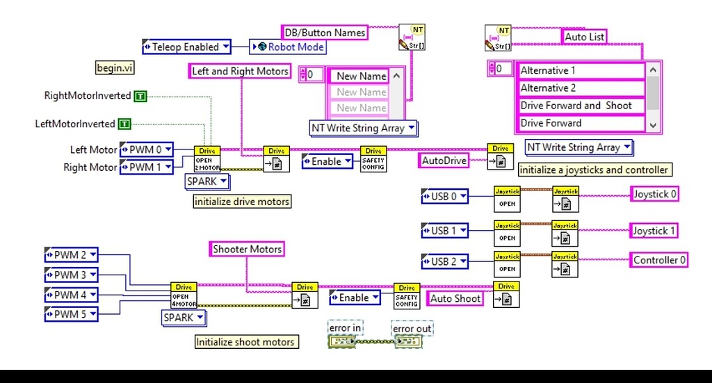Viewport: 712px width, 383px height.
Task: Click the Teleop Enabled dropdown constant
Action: point(186,47)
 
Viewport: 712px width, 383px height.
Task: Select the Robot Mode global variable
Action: point(289,47)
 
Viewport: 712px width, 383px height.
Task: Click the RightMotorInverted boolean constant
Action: point(141,95)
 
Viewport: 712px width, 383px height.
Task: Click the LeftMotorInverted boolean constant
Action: point(124,124)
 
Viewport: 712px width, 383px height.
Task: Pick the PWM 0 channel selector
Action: point(146,149)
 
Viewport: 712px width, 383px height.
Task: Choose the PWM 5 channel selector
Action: point(71,314)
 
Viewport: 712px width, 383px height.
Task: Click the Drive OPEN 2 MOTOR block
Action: point(207,159)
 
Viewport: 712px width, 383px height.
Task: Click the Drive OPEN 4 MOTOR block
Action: point(184,295)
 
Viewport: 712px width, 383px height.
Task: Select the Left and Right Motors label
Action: point(240,71)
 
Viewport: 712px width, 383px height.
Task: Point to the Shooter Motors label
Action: point(247,249)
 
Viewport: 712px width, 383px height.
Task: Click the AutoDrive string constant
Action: point(444,161)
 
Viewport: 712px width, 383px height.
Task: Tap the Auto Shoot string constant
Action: point(455,298)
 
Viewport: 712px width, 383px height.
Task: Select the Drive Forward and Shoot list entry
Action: point(581,106)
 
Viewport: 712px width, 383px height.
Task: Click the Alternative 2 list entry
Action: point(581,88)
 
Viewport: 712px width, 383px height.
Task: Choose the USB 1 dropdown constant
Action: point(444,230)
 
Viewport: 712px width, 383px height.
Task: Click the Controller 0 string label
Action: point(660,260)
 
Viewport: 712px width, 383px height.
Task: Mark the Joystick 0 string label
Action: point(654,195)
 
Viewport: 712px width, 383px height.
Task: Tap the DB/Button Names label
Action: point(325,32)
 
